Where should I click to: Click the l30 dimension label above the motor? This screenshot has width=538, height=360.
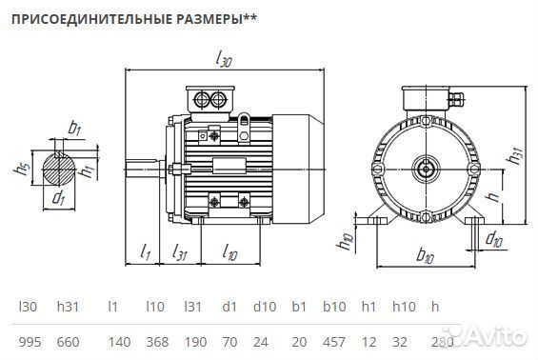[x=225, y=60]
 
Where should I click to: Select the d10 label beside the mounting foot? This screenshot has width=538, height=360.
[x=494, y=238]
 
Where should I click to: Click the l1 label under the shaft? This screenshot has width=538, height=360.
[x=145, y=252]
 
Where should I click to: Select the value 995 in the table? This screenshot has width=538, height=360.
[x=30, y=341]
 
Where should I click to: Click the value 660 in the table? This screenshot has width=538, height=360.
[x=69, y=341]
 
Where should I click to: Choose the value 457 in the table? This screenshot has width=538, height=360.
[x=333, y=341]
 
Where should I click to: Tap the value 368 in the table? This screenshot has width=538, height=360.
[x=155, y=341]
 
